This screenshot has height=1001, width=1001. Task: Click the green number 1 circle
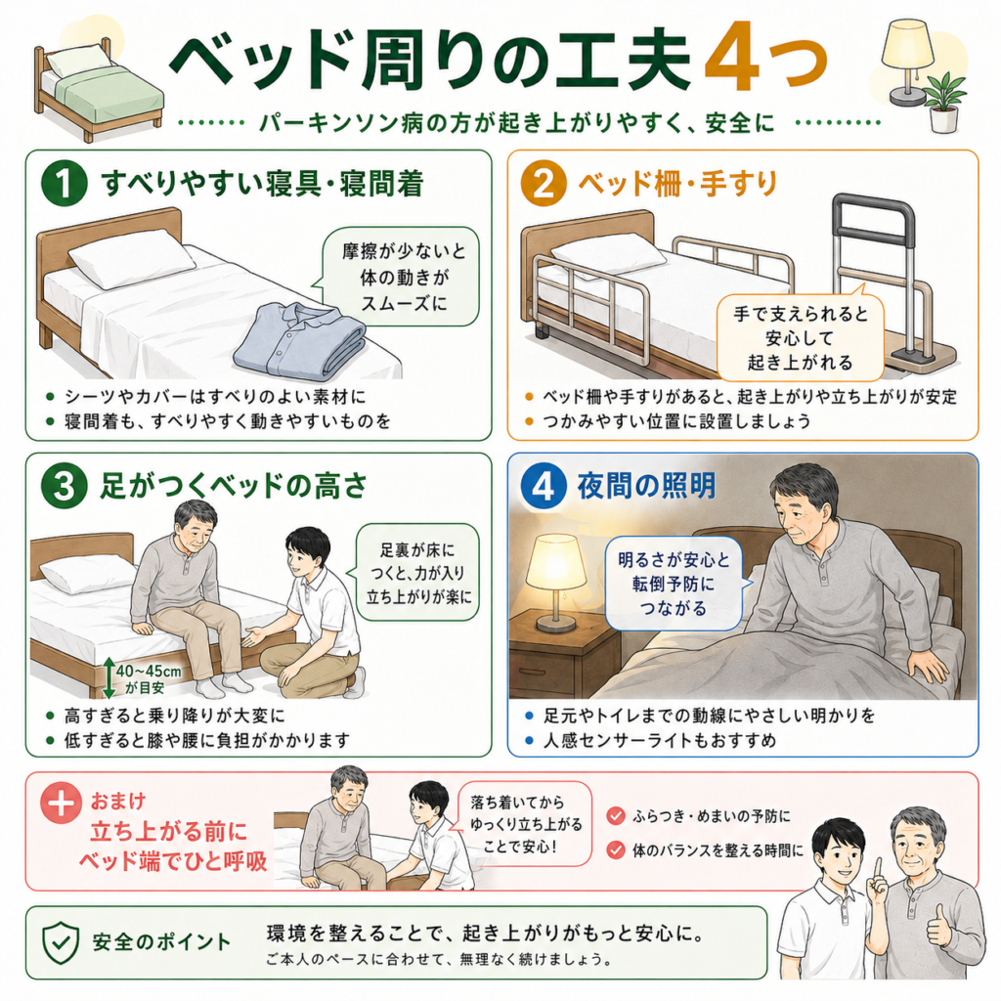coord(64,183)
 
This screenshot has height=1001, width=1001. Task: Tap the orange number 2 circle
coord(544,183)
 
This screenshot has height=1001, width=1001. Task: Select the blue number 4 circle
coord(544,487)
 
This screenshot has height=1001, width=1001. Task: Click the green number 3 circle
coord(64,487)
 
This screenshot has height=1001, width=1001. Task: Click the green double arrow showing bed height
coord(109,677)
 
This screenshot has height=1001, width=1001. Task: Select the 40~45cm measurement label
coord(149,672)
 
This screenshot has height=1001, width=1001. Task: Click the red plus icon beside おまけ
coord(62,804)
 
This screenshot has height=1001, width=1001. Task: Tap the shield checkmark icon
coord(61,943)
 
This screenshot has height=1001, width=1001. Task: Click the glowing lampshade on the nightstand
coord(555,562)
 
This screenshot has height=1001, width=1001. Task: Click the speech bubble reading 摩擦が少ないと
coord(400,277)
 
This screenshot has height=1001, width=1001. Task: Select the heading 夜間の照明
coord(646,487)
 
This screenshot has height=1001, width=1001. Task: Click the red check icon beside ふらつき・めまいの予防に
coord(616,815)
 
